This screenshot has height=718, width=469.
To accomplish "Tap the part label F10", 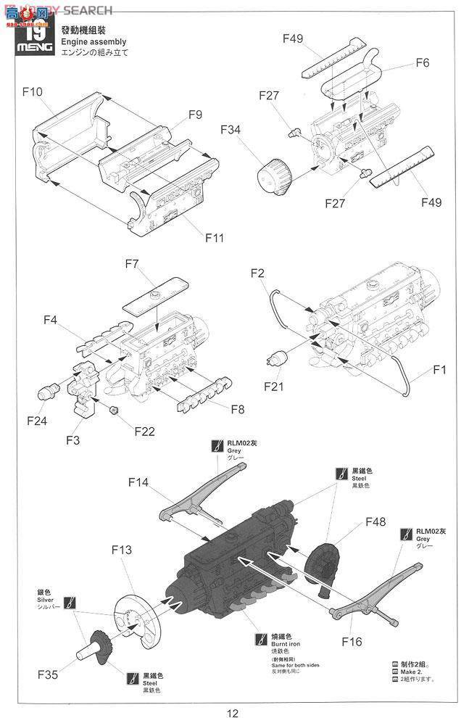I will (x=33, y=92).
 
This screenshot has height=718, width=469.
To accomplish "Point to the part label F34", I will (x=231, y=130).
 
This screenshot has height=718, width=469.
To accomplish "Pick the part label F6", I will (x=423, y=63).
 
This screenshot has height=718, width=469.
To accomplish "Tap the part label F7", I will (x=131, y=264).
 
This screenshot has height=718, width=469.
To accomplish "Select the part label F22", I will (x=144, y=431).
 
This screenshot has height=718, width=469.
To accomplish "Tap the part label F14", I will (x=138, y=482).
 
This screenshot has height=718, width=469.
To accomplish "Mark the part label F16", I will (x=352, y=642).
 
